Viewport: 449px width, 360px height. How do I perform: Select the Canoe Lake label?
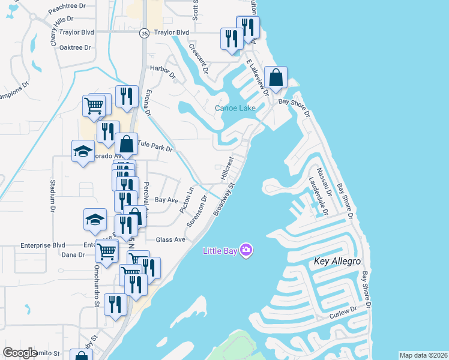[236, 108]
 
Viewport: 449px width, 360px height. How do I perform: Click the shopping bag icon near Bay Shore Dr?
[276, 78]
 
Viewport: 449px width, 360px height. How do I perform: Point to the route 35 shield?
[143, 34]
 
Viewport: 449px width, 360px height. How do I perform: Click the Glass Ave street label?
[170, 239]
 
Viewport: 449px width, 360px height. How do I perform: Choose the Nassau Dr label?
[325, 178]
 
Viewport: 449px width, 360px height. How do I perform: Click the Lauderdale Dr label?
[318, 196]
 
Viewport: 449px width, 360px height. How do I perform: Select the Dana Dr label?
[73, 255]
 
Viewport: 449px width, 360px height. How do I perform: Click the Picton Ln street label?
[187, 200]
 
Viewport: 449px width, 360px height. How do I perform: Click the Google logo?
[20, 353]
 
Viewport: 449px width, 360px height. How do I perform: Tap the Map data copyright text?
[423, 355]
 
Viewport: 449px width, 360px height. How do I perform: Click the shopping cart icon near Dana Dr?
[106, 252]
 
